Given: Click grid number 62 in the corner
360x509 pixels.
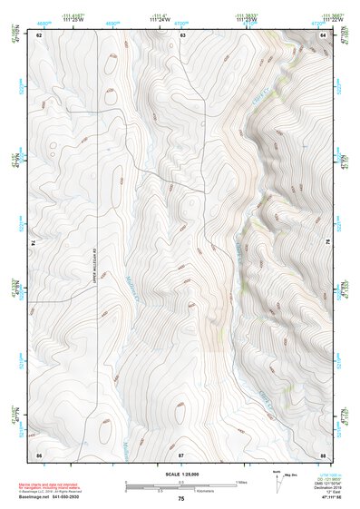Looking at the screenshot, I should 40,34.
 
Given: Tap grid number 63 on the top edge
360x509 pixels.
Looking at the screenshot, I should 181,34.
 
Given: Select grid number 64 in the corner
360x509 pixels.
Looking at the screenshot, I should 322,34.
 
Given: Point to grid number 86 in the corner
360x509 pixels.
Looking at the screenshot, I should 40,453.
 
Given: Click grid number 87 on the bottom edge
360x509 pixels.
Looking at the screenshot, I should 181,453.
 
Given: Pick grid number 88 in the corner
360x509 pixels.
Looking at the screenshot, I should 322,453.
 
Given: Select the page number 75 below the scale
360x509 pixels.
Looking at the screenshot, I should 181,499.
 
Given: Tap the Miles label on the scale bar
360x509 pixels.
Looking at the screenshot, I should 241,481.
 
